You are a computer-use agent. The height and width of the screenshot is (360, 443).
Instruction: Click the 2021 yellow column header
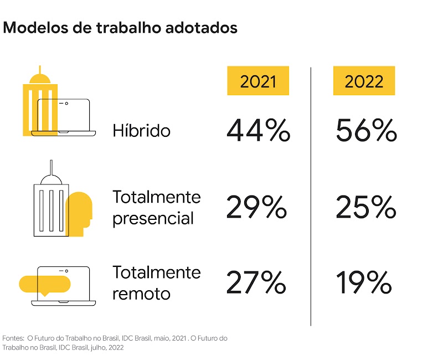point(258,80)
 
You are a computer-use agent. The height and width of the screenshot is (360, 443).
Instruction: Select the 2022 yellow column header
point(364,80)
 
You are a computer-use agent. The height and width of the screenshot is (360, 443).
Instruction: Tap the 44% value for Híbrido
point(258,131)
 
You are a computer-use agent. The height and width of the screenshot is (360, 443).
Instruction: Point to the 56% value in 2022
point(366,131)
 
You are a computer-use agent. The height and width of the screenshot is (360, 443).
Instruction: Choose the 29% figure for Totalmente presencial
point(256,208)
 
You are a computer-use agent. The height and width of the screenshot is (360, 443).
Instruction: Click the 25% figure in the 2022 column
point(366,208)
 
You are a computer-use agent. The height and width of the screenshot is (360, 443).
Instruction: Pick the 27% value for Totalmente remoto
point(256,283)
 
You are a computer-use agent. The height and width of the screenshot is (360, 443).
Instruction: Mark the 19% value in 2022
point(364,283)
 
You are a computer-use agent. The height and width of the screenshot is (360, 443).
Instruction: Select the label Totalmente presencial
point(157,208)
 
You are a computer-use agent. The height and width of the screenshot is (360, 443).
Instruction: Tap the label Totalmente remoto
point(157,283)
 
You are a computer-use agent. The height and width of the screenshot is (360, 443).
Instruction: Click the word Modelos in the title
point(33,27)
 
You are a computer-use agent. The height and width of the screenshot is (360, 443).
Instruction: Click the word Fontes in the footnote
point(13,338)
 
